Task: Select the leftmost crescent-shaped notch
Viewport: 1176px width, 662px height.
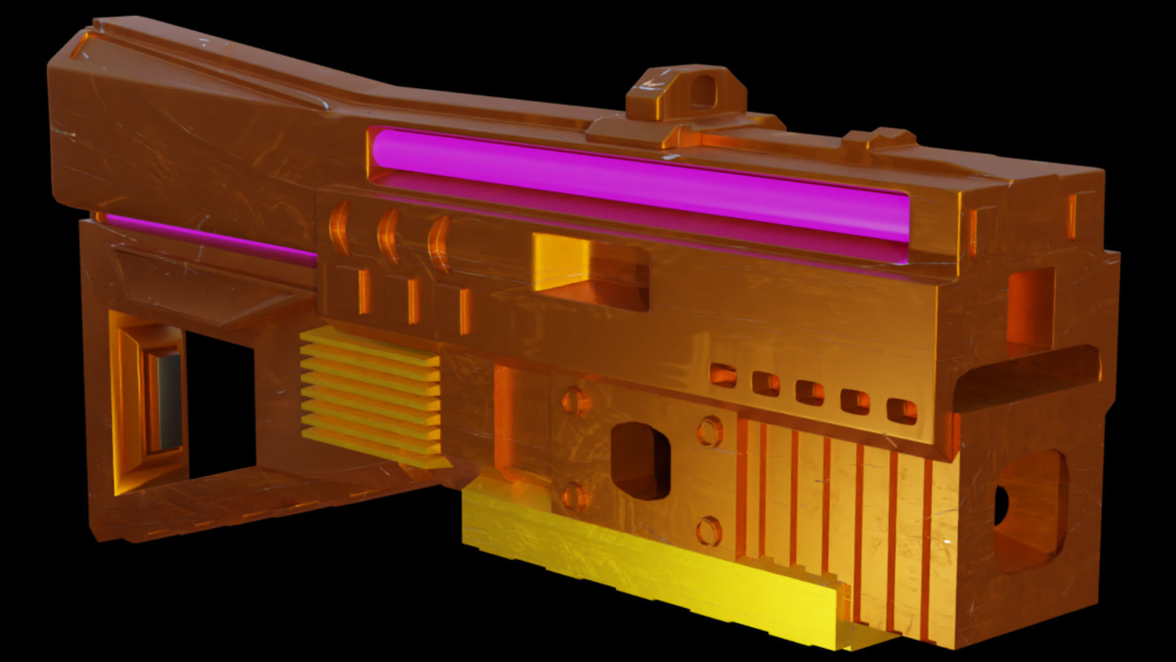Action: click(339, 227)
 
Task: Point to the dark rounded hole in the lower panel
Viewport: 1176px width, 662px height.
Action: click(640, 460)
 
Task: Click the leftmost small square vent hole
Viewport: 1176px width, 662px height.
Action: click(723, 375)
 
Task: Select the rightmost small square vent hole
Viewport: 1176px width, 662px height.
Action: click(902, 411)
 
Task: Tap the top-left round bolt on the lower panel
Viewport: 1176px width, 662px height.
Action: click(575, 402)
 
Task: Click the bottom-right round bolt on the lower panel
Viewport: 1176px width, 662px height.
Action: click(709, 531)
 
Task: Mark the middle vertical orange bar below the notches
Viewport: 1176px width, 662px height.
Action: click(414, 301)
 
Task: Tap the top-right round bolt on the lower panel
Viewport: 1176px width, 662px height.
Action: click(709, 430)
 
